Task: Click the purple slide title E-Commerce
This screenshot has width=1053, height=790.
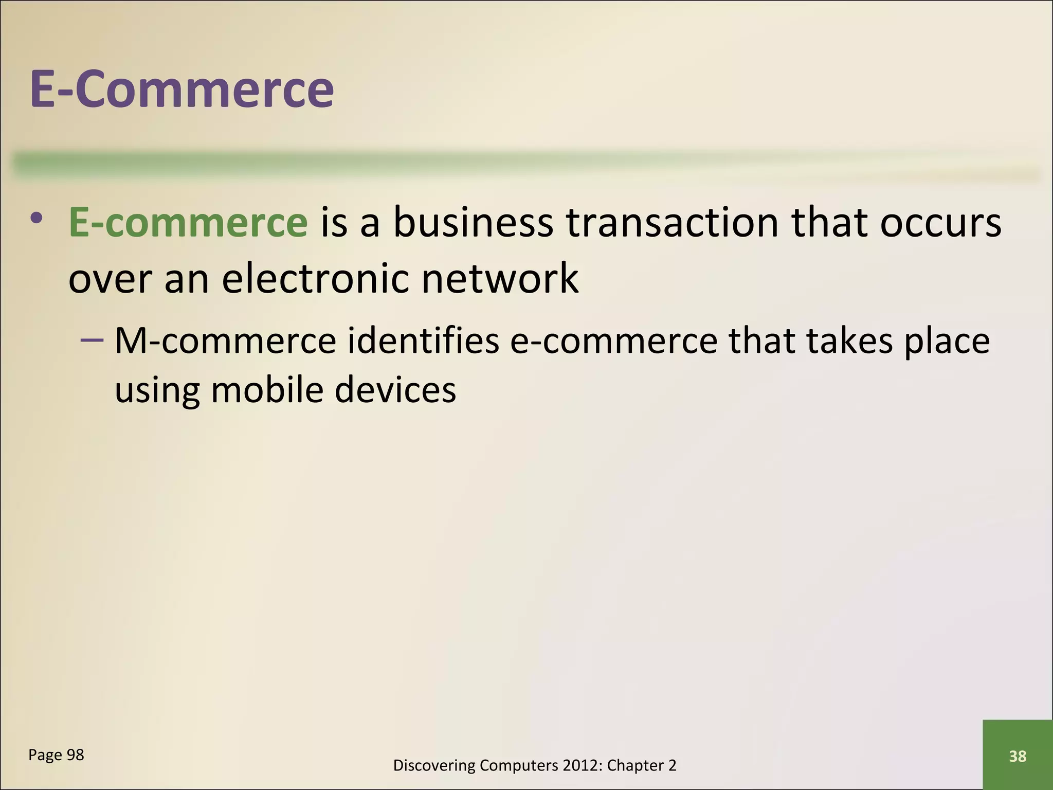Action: click(182, 89)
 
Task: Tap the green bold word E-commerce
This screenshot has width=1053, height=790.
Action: click(188, 223)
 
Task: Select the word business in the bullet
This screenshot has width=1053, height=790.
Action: click(473, 223)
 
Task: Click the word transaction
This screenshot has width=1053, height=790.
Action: click(673, 223)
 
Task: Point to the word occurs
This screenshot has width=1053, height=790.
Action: click(940, 223)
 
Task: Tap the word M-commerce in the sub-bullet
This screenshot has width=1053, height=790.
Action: click(225, 341)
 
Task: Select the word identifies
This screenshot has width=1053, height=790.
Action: click(423, 341)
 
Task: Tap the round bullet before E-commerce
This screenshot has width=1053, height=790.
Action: click(37, 219)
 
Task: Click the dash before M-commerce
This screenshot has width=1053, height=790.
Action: click(92, 340)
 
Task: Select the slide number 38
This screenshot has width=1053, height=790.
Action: click(1018, 756)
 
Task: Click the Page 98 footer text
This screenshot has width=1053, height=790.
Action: click(56, 755)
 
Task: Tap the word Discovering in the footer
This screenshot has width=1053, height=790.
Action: click(434, 766)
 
